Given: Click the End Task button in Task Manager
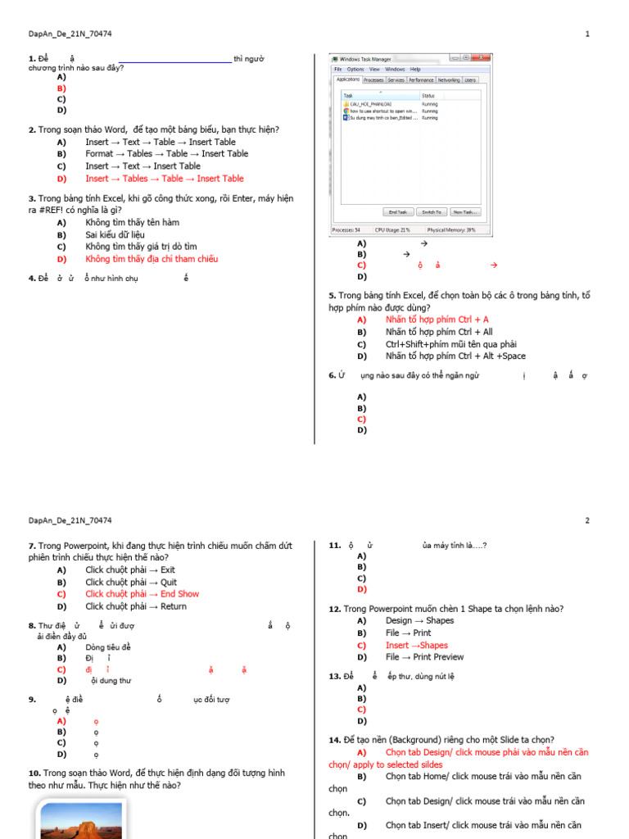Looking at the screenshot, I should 399,212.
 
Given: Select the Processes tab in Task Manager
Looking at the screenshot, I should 373,80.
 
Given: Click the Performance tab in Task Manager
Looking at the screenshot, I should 421,80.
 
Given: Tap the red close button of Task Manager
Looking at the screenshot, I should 486,58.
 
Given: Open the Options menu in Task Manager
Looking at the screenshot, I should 355,70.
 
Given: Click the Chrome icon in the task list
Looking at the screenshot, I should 346,111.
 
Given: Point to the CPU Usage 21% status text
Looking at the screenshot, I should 392,230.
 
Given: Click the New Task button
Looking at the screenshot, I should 464,212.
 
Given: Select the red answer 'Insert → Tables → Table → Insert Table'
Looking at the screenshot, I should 164,179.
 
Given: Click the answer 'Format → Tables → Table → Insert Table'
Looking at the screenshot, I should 166,153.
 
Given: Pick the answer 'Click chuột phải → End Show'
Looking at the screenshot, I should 142,594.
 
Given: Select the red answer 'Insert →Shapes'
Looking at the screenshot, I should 416,645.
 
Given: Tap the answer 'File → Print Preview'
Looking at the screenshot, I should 424,657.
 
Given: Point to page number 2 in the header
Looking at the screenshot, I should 587,520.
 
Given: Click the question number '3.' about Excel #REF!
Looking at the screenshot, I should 31,198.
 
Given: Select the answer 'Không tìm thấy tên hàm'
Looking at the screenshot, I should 132,222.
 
